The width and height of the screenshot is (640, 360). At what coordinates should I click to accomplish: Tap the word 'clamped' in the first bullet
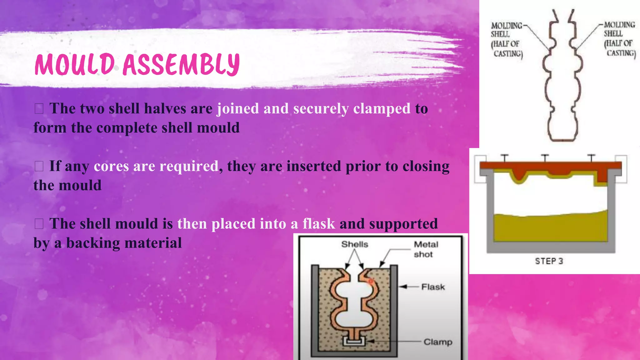[x=382, y=109]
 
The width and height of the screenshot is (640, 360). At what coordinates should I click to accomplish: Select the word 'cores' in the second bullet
[x=111, y=166]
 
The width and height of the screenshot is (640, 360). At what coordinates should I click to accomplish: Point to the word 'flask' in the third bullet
[x=319, y=224]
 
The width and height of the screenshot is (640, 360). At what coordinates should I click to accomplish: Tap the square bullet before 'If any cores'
[x=39, y=166]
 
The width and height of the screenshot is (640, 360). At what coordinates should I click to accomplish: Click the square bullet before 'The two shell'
[x=39, y=109]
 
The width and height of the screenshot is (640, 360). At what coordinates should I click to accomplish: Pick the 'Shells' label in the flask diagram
[x=355, y=244]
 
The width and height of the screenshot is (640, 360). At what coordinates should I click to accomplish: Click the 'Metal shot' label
[x=426, y=249]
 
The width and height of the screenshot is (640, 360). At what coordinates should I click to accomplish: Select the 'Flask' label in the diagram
[x=433, y=287]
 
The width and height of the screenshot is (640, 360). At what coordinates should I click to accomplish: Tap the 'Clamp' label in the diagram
[x=438, y=342]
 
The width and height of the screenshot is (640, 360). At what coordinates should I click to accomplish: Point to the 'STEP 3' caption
[x=549, y=261]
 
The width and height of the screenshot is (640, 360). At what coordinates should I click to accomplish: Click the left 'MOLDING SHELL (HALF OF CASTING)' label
[x=507, y=39]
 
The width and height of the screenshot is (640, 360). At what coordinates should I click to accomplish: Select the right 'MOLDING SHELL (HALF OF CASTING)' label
[x=620, y=39]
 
